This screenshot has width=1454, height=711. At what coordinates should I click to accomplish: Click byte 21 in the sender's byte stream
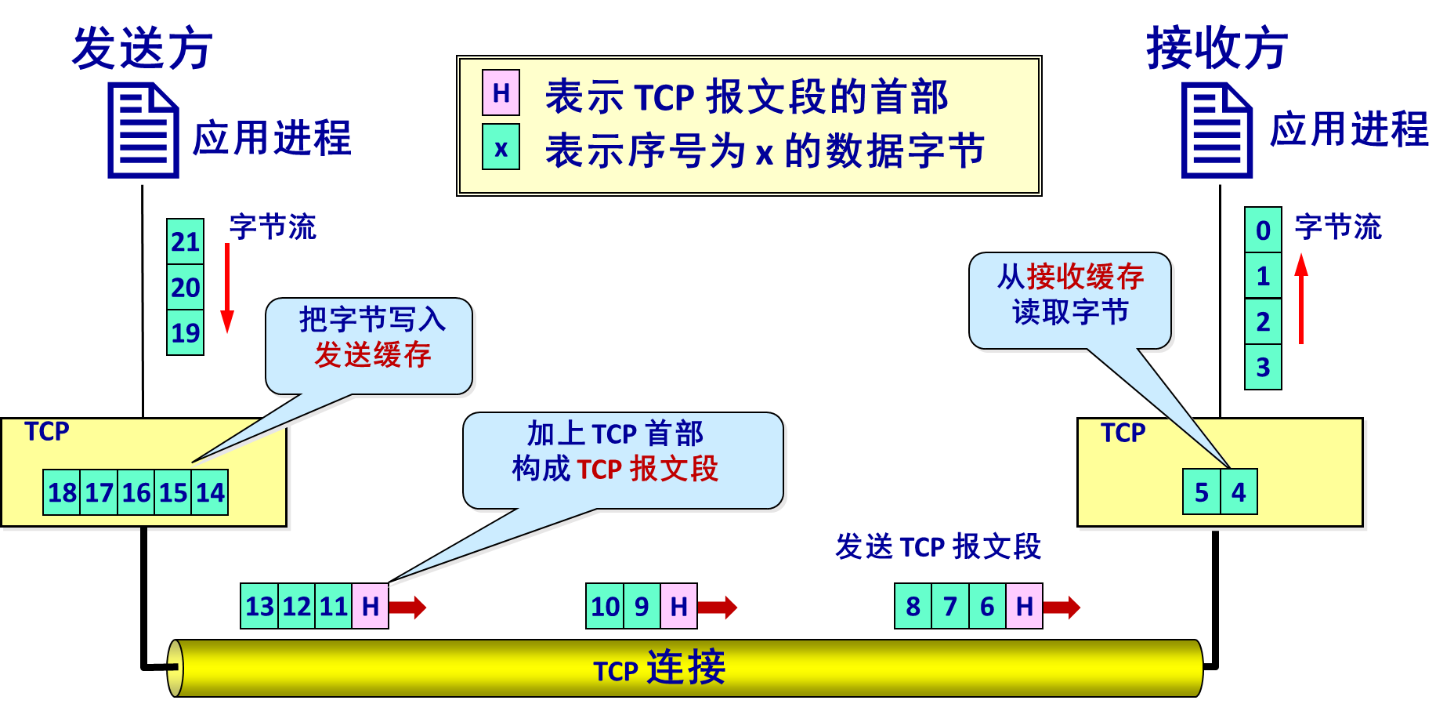[x=185, y=241]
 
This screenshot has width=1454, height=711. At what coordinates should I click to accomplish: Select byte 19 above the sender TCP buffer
[x=185, y=333]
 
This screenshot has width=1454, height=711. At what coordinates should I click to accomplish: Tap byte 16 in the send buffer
[x=136, y=492]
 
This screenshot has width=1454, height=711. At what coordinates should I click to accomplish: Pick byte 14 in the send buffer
[x=210, y=492]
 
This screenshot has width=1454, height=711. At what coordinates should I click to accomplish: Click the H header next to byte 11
[x=370, y=606]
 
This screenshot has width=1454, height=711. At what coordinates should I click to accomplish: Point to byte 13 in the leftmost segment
[x=259, y=606]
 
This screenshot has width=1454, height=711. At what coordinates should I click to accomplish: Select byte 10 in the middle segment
[x=605, y=606]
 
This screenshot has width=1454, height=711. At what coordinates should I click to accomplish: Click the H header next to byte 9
[x=678, y=606]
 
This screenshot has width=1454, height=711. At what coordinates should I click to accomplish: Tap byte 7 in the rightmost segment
[x=950, y=606]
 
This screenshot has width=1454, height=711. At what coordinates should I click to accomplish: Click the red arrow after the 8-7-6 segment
[x=1062, y=607]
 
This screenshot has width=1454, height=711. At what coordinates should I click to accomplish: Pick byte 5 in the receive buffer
[x=1201, y=492]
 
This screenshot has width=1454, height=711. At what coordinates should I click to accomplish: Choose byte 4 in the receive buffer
[x=1239, y=492]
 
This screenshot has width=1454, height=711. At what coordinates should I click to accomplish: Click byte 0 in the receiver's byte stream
[x=1263, y=230]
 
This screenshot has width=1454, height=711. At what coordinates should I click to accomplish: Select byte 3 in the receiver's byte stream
[x=1263, y=367]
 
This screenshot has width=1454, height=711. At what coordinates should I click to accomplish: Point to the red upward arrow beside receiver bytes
[x=1301, y=298]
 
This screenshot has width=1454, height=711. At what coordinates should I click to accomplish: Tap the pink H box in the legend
[x=501, y=93]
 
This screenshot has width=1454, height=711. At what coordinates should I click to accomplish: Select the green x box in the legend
[x=501, y=147]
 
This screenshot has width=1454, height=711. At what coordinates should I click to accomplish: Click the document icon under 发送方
[x=143, y=130]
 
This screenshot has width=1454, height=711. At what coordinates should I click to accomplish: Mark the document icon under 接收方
[x=1217, y=130]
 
